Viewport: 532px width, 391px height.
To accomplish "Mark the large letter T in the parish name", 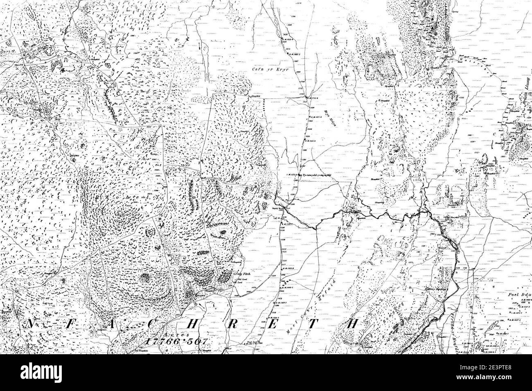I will tap(312, 324).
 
